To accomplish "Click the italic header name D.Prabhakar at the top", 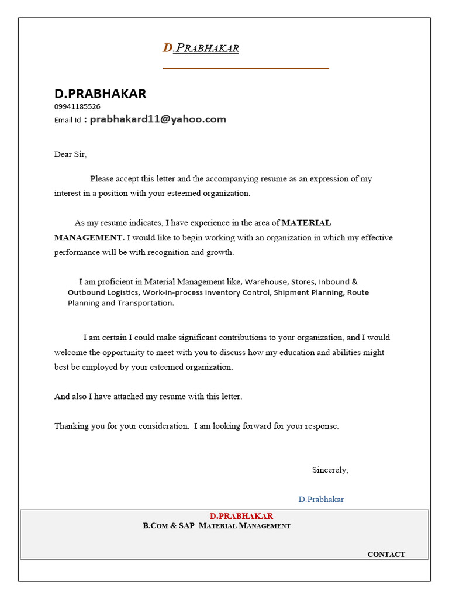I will (x=201, y=48).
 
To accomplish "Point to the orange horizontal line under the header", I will (x=246, y=68).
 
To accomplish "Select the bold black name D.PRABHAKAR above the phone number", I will (x=100, y=94).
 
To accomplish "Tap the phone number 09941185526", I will (x=77, y=106).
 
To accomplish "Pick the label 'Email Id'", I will (x=68, y=120).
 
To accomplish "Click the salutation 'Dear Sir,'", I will (x=70, y=154).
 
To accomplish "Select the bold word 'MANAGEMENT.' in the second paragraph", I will (x=89, y=237).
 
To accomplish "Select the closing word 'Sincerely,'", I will (x=330, y=470).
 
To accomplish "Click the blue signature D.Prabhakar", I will (x=321, y=500).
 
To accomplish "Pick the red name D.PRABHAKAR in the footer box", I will (x=241, y=516).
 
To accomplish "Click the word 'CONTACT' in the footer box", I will (x=386, y=554).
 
